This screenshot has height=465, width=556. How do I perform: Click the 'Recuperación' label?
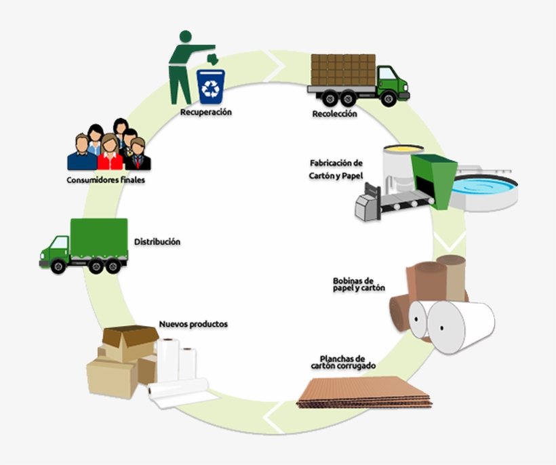click(x=206, y=112)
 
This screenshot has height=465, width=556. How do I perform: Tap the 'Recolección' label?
click(x=334, y=114)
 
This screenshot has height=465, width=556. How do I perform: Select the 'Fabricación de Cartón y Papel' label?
click(x=336, y=169)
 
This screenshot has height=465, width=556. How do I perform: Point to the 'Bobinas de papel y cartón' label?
click(x=359, y=284)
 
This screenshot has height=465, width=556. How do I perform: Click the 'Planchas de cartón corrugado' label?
click(x=343, y=362)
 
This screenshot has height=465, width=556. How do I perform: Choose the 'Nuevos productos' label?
click(x=193, y=324)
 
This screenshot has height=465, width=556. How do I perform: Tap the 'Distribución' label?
click(x=157, y=241)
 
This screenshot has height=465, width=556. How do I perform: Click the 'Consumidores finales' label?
click(x=106, y=180)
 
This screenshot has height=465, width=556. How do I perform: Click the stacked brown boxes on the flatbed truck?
click(x=343, y=69)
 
